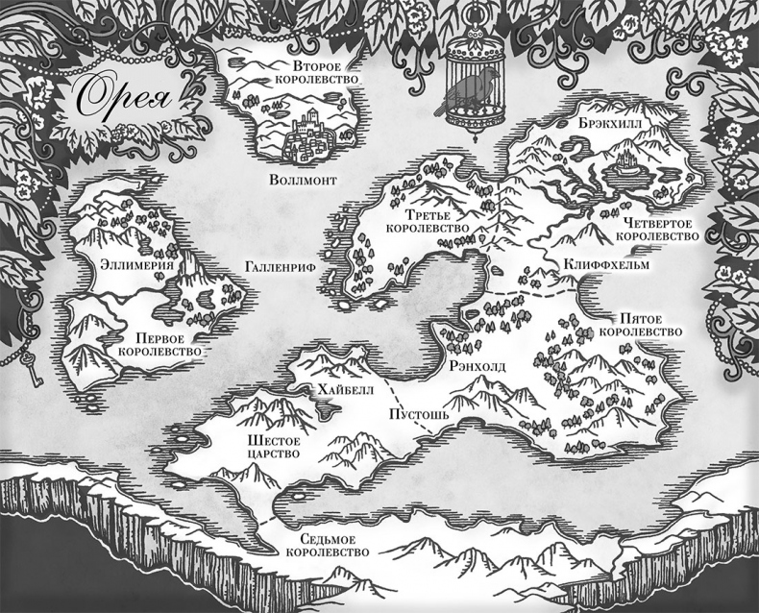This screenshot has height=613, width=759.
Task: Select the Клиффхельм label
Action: click(x=607, y=263)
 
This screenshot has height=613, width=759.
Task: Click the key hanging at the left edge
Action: click(x=31, y=368)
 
